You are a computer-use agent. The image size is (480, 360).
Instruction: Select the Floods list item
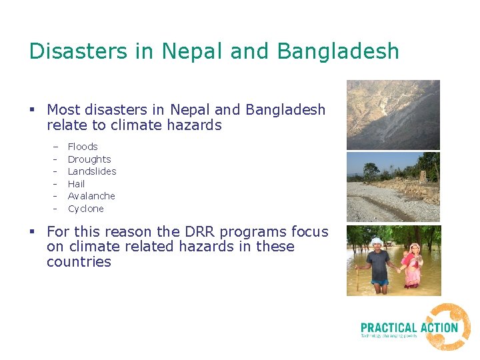coord(83,147)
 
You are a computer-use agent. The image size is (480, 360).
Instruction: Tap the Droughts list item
coord(89,159)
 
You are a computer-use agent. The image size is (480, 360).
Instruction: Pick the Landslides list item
coord(92,171)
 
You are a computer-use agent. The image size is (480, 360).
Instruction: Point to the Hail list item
coord(77,184)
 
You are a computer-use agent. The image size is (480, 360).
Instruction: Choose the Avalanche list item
coord(91,196)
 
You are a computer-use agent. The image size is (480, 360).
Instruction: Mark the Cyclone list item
coord(86,209)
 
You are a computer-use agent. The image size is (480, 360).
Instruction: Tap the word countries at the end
coord(79,262)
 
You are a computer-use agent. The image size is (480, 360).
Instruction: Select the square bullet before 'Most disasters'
coord(32,109)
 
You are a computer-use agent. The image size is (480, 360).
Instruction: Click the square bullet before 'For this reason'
coord(32,232)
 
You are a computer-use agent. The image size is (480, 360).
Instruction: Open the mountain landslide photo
coord(393,115)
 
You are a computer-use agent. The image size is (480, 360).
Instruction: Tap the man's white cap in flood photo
coord(377,241)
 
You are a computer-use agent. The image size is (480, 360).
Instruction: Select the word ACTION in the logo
coord(439,327)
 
